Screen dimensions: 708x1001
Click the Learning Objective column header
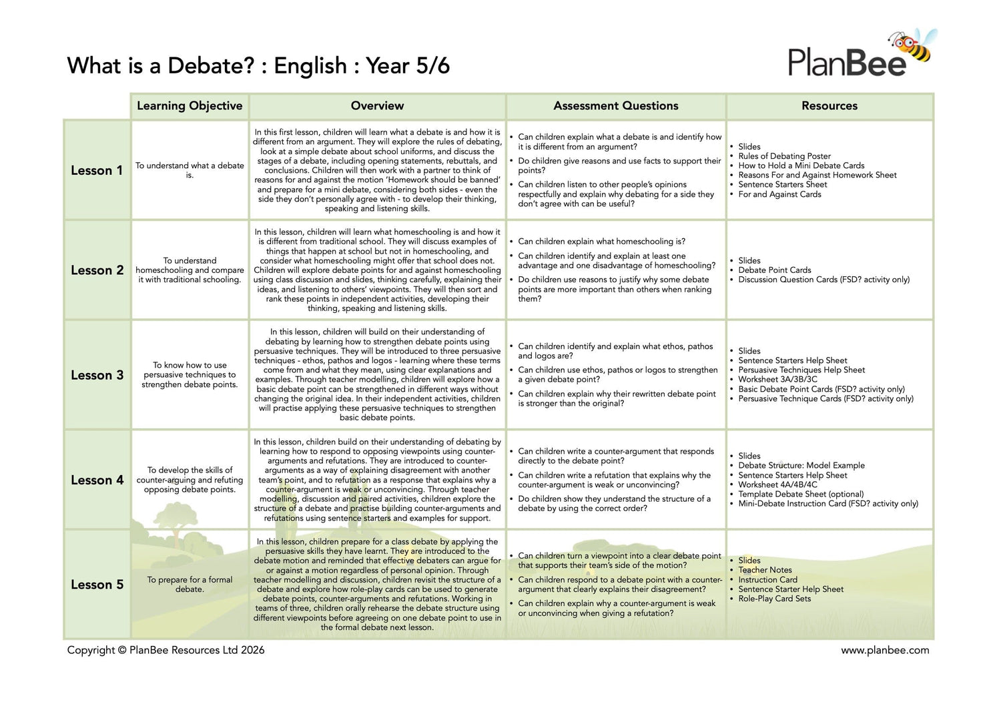[190, 106]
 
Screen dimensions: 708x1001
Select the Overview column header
[377, 106]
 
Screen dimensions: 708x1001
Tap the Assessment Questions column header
[615, 106]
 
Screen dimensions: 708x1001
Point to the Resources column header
[829, 106]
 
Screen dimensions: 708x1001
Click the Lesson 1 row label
[97, 171]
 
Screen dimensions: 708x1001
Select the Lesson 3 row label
[97, 375]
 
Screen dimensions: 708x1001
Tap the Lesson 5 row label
[97, 585]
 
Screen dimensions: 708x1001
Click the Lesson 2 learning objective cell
[190, 270]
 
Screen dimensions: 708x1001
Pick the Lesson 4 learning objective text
[190, 480]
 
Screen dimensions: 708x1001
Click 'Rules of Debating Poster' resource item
[784, 156]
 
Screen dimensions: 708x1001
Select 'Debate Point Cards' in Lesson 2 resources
[774, 270]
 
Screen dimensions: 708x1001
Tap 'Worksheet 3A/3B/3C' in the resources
[777, 380]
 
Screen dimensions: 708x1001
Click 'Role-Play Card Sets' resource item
[774, 599]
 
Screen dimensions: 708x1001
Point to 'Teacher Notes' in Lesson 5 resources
[765, 570]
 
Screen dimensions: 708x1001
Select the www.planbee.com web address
[885, 650]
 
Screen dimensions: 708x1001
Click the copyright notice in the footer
[165, 650]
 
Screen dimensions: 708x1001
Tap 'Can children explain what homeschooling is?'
[601, 242]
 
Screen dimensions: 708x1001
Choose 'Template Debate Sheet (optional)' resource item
[801, 494]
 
